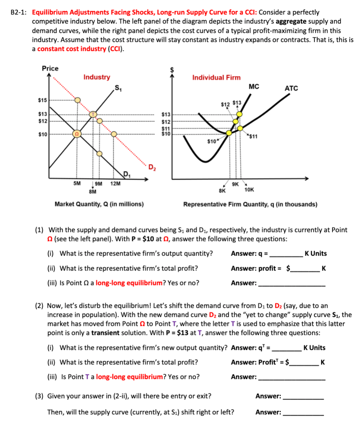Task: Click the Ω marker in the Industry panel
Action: coord(78,134)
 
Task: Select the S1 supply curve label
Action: coord(118,88)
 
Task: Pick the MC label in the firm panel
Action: coord(254,87)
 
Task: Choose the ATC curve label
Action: coord(291,89)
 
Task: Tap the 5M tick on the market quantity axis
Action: coord(77,183)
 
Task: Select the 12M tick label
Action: coord(115,183)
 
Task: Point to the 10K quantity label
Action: coord(249,190)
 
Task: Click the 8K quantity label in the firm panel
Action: coord(222,190)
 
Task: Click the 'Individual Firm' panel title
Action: coord(216,77)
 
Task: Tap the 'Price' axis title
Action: coord(50,68)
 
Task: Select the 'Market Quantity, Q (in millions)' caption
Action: coord(99,204)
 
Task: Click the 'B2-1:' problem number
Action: coord(18,13)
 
